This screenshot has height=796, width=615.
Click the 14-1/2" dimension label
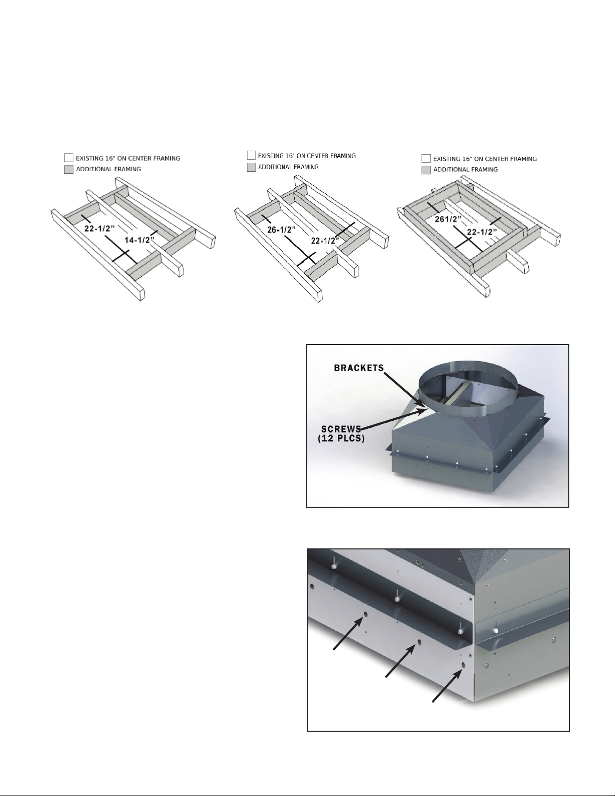point(140,240)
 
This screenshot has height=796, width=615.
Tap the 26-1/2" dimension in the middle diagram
point(282,230)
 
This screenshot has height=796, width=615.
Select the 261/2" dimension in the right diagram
point(448,219)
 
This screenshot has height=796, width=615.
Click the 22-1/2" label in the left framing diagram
point(99,228)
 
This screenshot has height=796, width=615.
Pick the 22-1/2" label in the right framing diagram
point(482,232)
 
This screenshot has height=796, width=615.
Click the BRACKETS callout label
point(359,368)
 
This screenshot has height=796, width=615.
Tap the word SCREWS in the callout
point(341,429)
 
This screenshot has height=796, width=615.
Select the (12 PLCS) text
point(341,438)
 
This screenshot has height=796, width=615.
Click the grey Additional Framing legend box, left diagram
point(68,169)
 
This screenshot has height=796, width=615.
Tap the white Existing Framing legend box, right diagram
point(426,159)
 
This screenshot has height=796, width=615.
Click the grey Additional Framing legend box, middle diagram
point(251,167)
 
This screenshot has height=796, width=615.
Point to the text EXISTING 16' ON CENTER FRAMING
point(307,156)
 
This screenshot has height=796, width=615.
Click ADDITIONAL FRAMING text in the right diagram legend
point(466,170)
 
